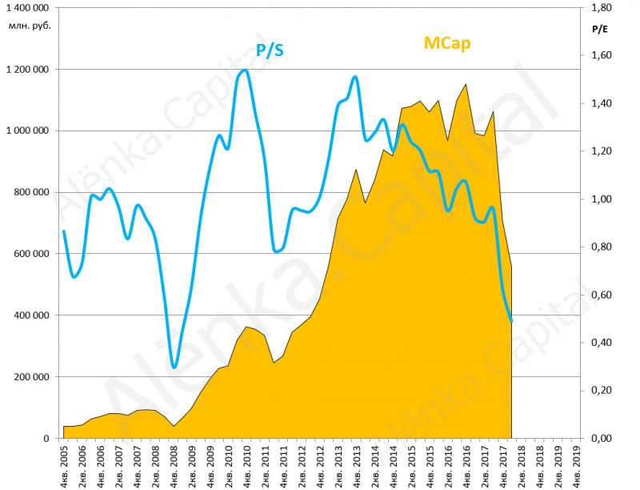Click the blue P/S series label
pos(270,51)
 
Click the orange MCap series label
pos(446,43)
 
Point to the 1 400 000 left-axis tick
pos(28,7)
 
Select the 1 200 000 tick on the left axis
pos(28,69)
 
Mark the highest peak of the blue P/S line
pos(245,70)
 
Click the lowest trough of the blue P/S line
pos(174,367)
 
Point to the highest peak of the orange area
pos(466,84)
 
